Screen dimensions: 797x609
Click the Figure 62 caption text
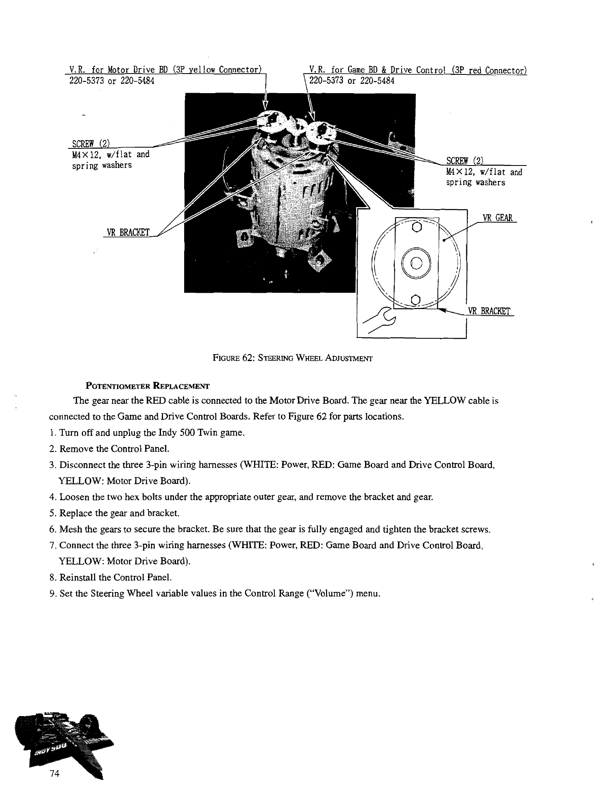click(293, 358)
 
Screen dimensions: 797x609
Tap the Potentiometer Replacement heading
click(147, 385)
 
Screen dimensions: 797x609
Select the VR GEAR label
click(497, 218)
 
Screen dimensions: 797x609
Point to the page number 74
click(54, 773)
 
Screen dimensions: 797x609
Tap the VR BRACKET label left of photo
click(128, 233)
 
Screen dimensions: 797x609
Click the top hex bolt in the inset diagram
click(415, 226)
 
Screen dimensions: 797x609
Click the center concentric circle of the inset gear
click(415, 263)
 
